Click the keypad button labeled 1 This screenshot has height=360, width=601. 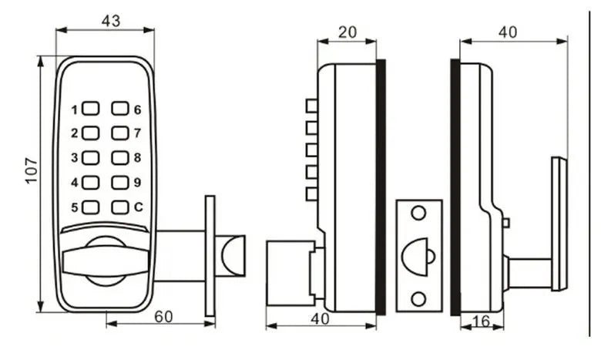(x=91, y=109)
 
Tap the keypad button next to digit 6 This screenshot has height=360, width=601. (x=120, y=109)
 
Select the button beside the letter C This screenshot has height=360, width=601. (x=120, y=207)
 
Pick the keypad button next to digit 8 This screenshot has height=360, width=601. (x=120, y=157)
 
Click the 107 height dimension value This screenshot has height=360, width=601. (x=32, y=170)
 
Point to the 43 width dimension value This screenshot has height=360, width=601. (x=111, y=21)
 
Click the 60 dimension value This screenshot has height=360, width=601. (x=163, y=317)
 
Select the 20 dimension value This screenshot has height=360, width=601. (x=348, y=32)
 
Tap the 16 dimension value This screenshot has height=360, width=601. (x=482, y=321)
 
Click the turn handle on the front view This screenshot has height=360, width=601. (x=106, y=261)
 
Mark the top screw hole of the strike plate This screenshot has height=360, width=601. (x=418, y=213)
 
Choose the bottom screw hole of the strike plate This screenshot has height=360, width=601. (x=418, y=298)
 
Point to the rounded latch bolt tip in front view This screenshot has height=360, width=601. (x=233, y=256)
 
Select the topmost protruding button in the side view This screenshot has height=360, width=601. (x=311, y=106)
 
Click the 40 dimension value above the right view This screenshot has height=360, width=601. (x=508, y=32)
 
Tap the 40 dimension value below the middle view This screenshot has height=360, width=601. (x=320, y=318)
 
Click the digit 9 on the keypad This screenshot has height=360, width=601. (x=138, y=183)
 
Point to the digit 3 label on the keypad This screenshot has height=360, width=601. (x=75, y=157)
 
